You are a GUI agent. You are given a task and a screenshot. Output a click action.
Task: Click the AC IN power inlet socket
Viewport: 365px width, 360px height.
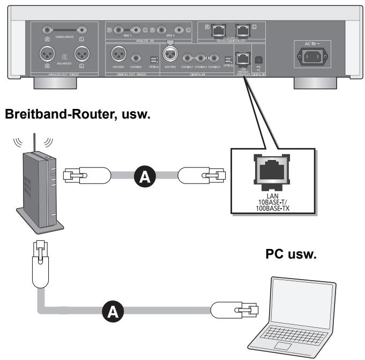pos(308,57)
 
